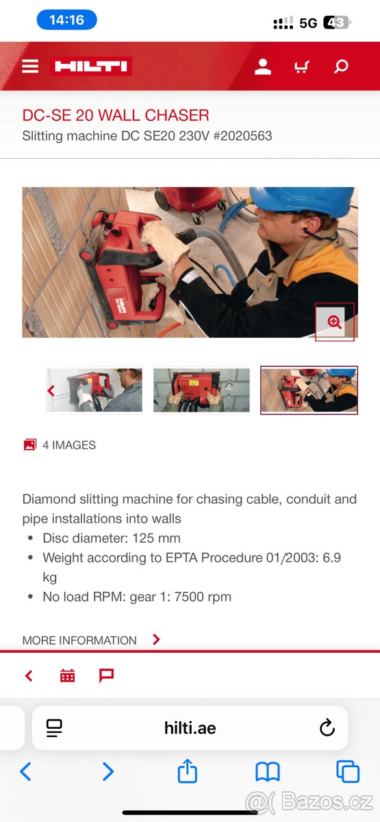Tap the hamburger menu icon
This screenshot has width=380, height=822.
[x=30, y=66]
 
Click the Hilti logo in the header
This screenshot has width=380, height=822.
[x=90, y=66]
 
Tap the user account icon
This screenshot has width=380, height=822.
[x=263, y=66]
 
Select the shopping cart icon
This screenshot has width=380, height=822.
[x=301, y=66]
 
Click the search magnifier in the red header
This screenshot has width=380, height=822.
[x=341, y=66]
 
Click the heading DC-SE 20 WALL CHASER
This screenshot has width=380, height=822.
[x=116, y=115]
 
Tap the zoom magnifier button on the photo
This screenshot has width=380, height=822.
[x=334, y=322]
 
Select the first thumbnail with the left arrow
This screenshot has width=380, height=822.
[x=94, y=390]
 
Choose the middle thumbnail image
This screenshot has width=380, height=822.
[x=201, y=390]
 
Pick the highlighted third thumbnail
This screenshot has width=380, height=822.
[x=309, y=390]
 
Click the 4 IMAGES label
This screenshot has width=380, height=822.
[x=68, y=445]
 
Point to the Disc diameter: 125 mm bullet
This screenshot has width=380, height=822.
[x=111, y=538]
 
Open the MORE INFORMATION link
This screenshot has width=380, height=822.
[x=79, y=640]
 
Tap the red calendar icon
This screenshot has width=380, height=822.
[x=67, y=676]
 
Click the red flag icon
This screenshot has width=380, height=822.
[x=106, y=676]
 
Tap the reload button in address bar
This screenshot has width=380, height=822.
[x=327, y=727]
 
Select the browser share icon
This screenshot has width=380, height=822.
[x=187, y=772]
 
